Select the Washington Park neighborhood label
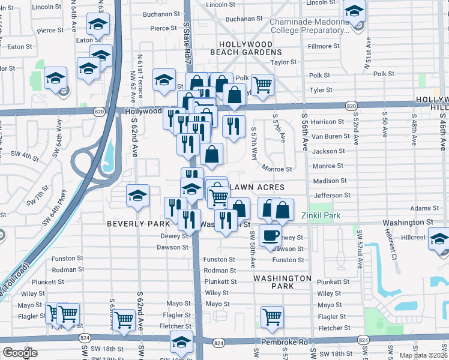coord(282,282)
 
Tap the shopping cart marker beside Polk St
coord(262,85)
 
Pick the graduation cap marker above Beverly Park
coord(137,195)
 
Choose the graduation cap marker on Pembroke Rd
coord(181,341)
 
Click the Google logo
coord(20,353)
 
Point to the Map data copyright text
coord(423,355)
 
